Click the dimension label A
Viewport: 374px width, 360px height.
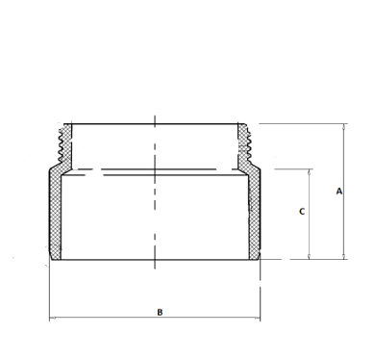pyautogui.click(x=339, y=192)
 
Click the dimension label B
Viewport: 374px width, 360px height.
pyautogui.click(x=160, y=312)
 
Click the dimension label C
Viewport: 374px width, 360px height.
pyautogui.click(x=302, y=212)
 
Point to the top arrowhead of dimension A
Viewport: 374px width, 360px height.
pyautogui.click(x=344, y=126)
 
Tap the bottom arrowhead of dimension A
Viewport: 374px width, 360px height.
pyautogui.click(x=344, y=256)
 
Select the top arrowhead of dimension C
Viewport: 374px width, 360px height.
pyautogui.click(x=310, y=171)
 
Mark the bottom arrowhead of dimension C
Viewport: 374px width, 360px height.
pyautogui.click(x=310, y=256)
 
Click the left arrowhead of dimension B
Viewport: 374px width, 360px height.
pyautogui.click(x=52, y=318)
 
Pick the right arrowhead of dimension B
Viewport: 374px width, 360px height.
pyautogui.click(x=257, y=318)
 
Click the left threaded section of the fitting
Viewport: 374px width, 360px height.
pyautogui.click(x=65, y=144)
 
